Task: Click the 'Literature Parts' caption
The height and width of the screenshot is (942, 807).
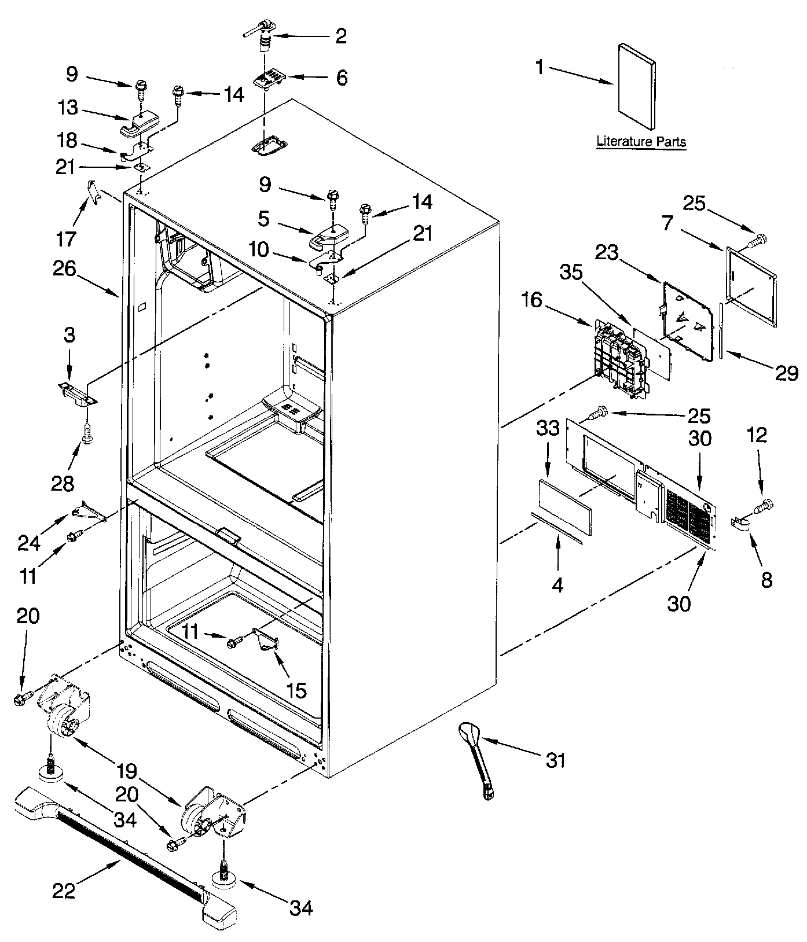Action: click(x=641, y=141)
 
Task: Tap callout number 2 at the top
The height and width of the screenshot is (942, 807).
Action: click(x=341, y=36)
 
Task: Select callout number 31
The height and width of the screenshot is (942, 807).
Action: click(x=555, y=760)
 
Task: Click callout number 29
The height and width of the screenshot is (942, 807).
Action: click(x=786, y=373)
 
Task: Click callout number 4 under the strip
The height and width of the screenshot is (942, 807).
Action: click(x=557, y=586)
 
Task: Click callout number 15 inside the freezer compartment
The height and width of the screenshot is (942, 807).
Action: click(x=296, y=690)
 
